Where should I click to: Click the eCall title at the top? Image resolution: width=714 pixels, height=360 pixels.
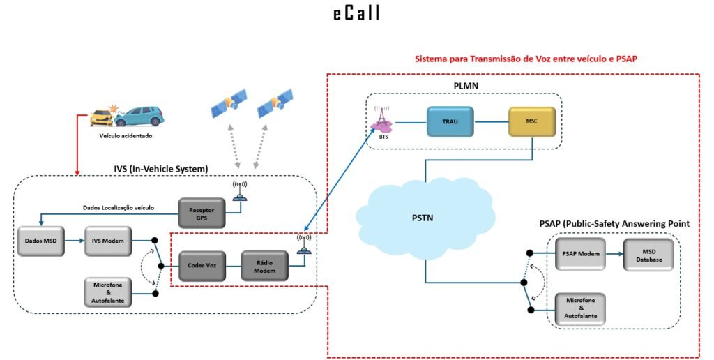coord(356,14)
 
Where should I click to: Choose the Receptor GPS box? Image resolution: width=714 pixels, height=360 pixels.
coord(203,213)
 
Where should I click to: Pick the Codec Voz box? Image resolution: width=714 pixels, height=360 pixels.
coord(202,266)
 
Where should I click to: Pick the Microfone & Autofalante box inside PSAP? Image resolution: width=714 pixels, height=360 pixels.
coord(580,308)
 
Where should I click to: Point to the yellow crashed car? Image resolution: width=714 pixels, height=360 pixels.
coord(102,117)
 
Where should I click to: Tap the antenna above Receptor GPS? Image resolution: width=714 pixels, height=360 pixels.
coord(239,190)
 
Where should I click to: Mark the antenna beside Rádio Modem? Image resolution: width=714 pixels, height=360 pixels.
coord(303,243)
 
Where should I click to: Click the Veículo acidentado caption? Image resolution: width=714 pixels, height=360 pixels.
coord(126,136)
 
